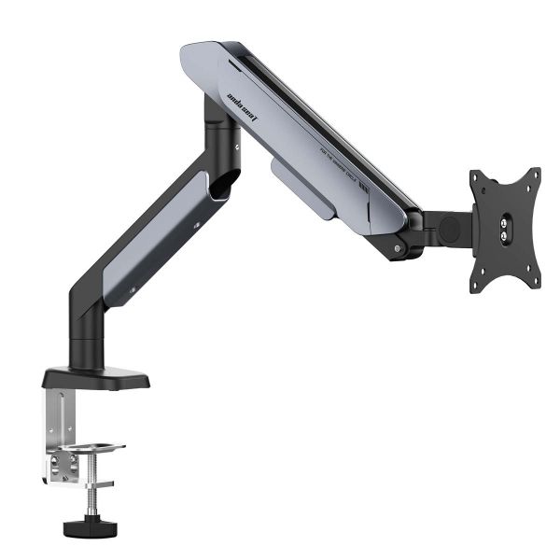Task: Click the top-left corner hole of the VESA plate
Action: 479,178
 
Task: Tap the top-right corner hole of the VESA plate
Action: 534,175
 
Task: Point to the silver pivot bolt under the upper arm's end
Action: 399,249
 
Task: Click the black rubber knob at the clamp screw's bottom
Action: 82,527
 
